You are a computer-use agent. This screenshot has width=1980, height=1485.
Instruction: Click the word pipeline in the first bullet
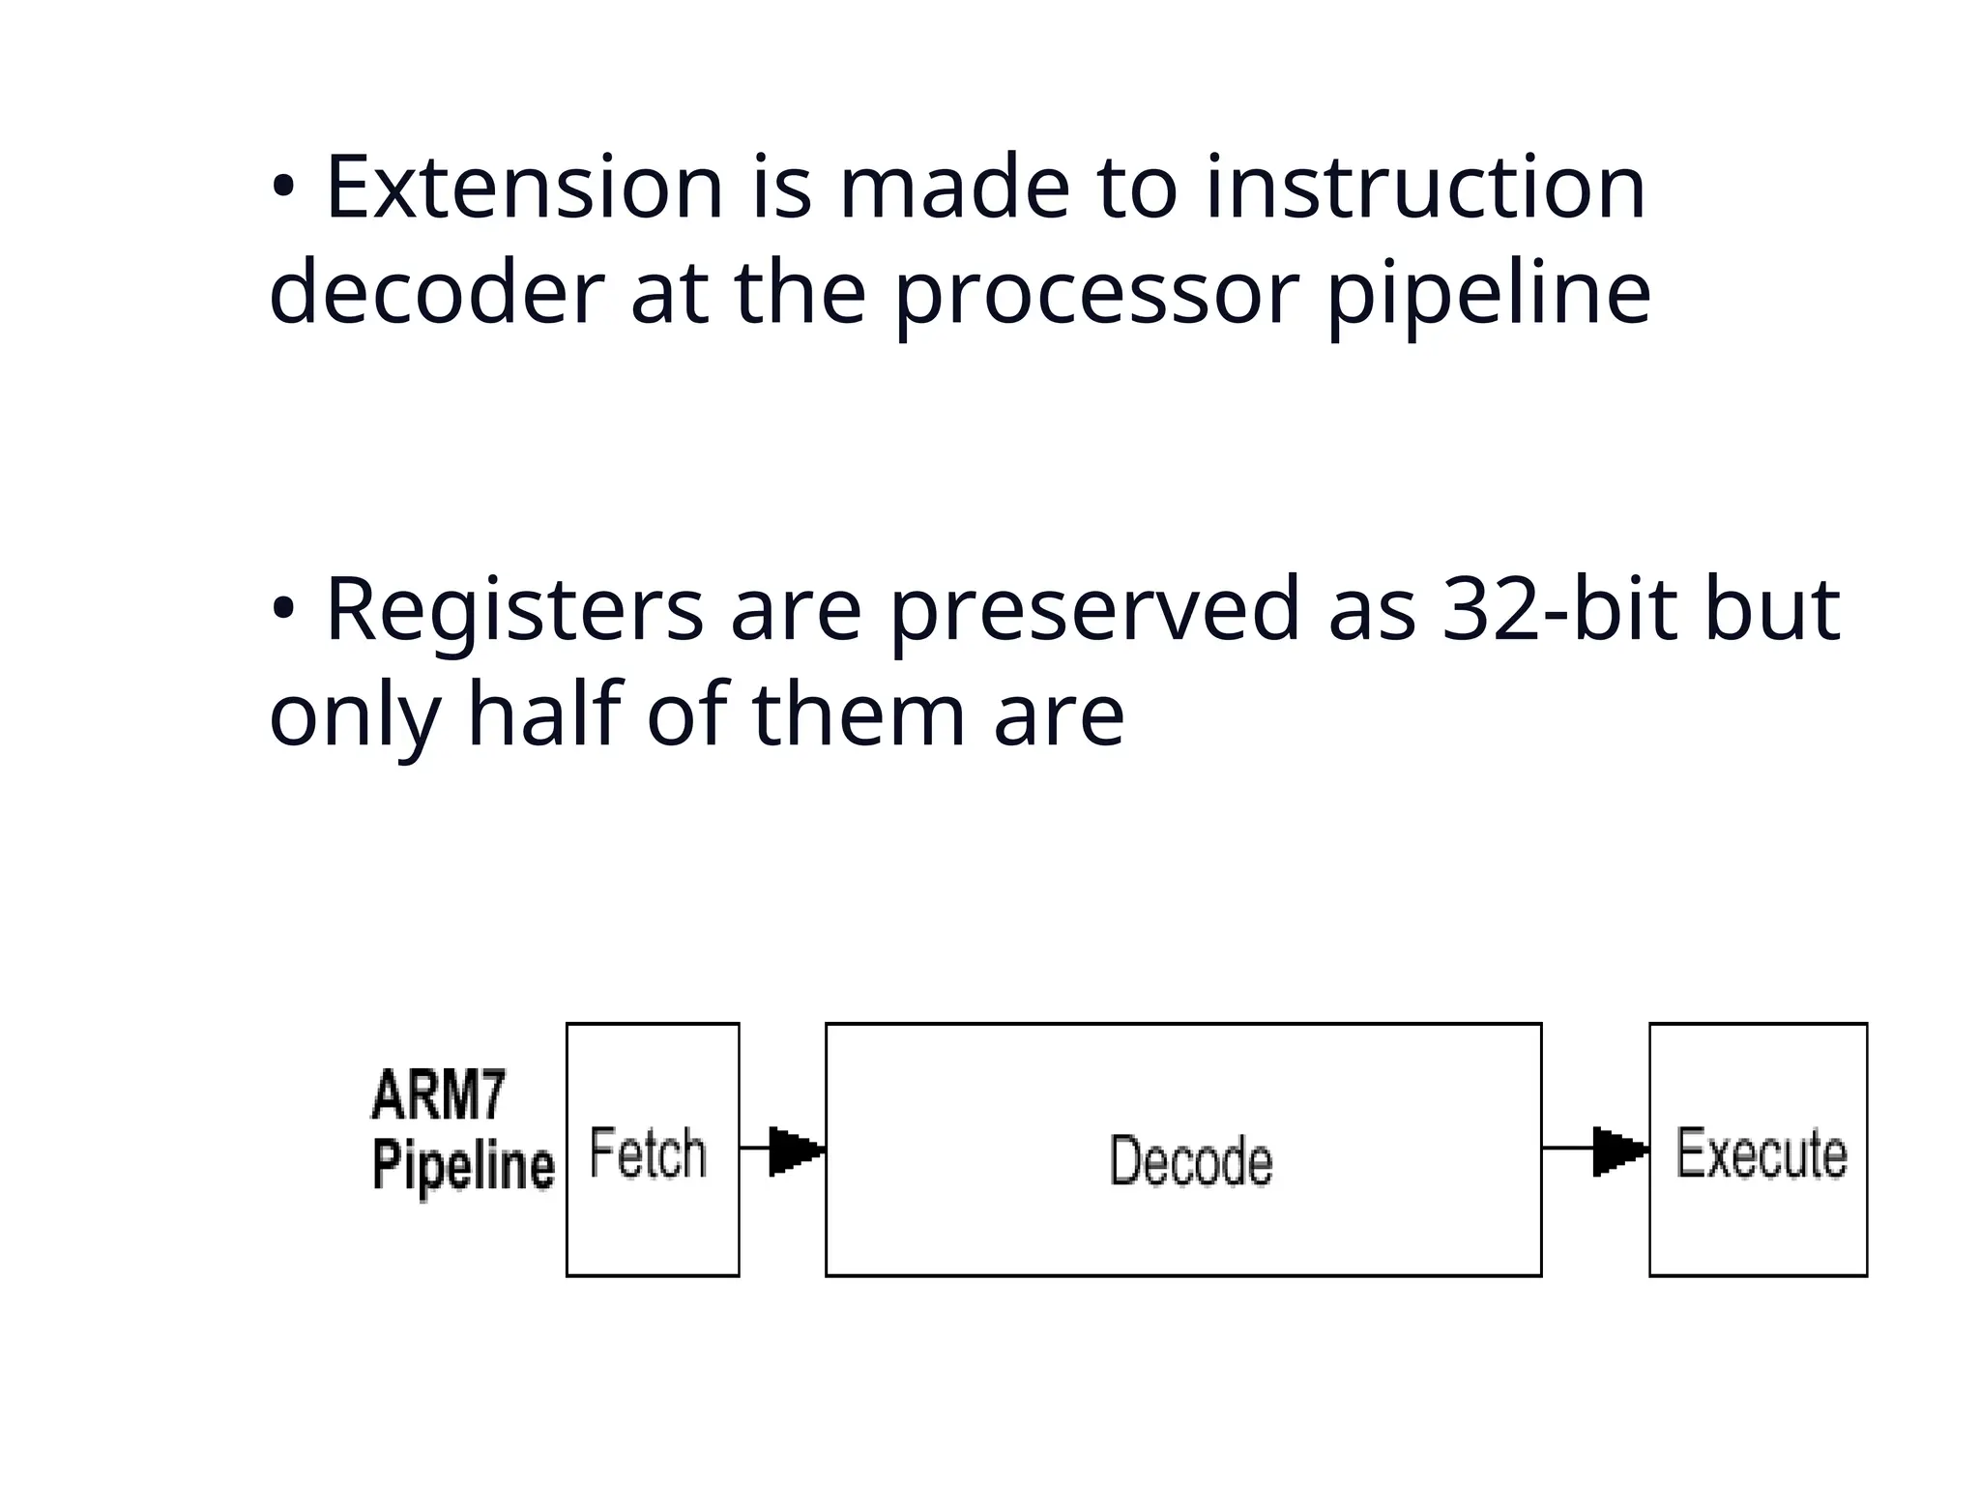[x=1489, y=294]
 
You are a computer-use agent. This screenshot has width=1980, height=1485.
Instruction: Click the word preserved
[x=1094, y=610]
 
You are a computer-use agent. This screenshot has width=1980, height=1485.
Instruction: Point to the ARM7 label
[x=438, y=1095]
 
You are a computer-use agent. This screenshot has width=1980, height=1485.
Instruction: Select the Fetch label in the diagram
[x=648, y=1153]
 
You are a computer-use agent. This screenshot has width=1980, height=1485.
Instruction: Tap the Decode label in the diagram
[x=1190, y=1160]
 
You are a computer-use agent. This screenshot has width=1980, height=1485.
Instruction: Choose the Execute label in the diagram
[x=1761, y=1153]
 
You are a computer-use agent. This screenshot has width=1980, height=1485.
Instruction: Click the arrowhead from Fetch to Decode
[x=796, y=1150]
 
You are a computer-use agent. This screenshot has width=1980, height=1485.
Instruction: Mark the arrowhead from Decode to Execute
[x=1619, y=1150]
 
